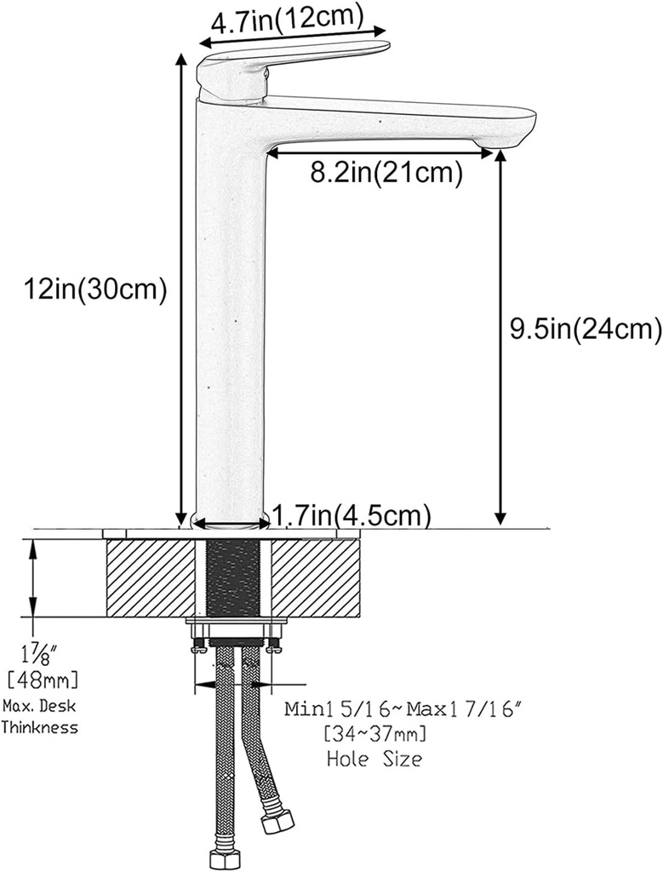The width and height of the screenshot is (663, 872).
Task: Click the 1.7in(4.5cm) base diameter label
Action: click(x=351, y=514)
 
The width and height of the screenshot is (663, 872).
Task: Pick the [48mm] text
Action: click(x=41, y=679)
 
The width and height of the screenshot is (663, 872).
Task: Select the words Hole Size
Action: click(x=374, y=757)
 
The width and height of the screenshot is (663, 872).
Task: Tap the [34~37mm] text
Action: click(x=374, y=733)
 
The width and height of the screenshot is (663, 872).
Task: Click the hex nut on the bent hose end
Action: click(x=278, y=822)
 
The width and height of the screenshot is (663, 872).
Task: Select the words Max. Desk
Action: click(x=39, y=705)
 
